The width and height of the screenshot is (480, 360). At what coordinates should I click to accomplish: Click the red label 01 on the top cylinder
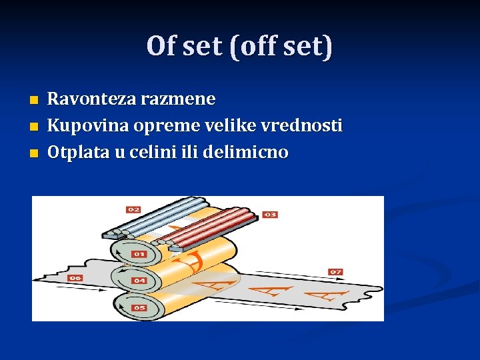click(139, 254)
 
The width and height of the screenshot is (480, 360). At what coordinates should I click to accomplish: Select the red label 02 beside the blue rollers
click(133, 210)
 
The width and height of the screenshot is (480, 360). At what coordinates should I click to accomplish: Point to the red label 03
click(270, 215)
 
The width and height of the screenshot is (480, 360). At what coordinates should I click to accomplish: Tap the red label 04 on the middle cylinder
click(139, 281)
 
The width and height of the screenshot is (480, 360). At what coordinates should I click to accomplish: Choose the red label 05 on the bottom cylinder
click(139, 307)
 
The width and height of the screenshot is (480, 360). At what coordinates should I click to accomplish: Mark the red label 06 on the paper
click(74, 278)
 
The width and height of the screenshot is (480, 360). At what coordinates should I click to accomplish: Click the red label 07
click(335, 271)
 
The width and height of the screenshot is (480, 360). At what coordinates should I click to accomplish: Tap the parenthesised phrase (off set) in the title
click(280, 47)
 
